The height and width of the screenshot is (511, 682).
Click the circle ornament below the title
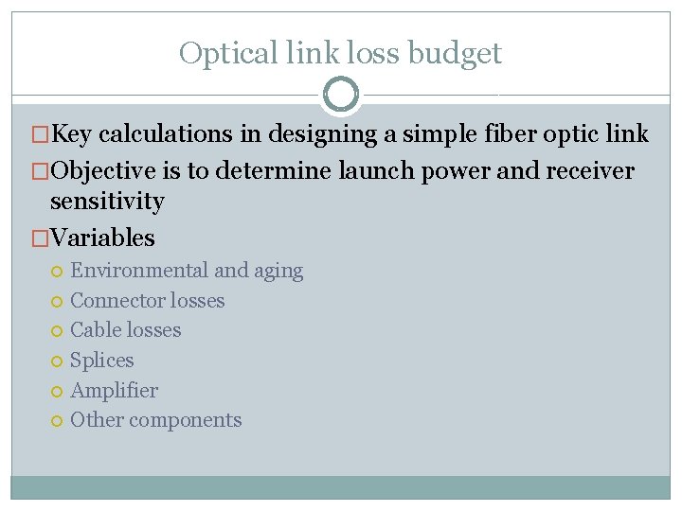(341, 95)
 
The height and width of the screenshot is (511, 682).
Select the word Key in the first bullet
(71, 134)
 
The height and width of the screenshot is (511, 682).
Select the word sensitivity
(107, 201)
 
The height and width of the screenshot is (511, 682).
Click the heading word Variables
(102, 238)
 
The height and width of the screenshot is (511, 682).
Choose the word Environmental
(139, 271)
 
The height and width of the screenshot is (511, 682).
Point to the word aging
(278, 271)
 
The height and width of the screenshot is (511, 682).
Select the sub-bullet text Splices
(102, 361)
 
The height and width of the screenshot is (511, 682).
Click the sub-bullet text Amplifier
(114, 390)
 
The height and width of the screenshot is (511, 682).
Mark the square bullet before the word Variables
(40, 238)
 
